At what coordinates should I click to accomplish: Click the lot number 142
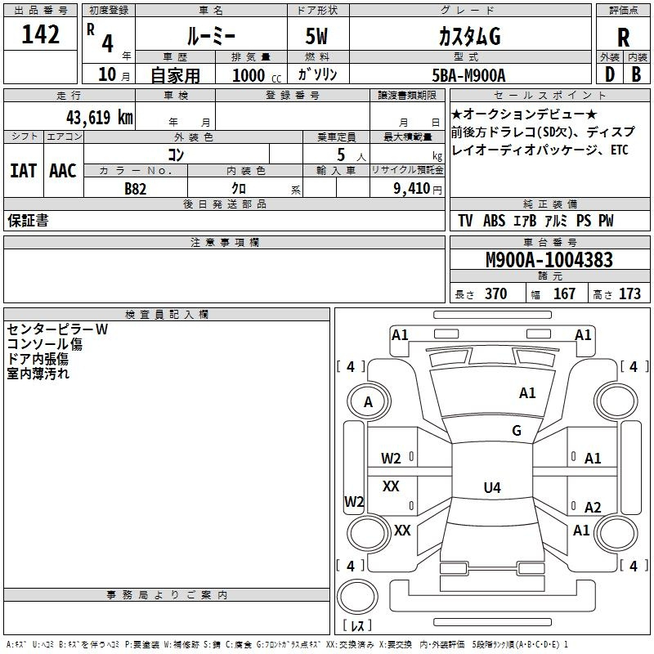[x=40, y=34]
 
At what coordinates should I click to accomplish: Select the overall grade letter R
[x=623, y=38]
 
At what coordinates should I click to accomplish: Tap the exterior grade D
[x=610, y=74]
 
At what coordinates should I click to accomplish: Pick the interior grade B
[x=637, y=74]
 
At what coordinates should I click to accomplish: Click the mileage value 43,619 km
[x=100, y=117]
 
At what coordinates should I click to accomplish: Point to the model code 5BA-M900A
[x=468, y=75]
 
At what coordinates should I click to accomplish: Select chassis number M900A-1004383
[x=549, y=260]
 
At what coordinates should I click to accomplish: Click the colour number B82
[x=136, y=189]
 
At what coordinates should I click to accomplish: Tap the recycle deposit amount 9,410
[x=412, y=189]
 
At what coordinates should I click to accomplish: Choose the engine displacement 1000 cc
[x=257, y=75]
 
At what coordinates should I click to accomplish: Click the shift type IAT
[x=24, y=171]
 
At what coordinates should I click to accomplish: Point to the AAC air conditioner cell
[x=63, y=171]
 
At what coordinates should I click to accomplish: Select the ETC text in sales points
[x=620, y=150]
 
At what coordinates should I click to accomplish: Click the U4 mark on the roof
[x=492, y=487]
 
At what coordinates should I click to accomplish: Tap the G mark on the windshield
[x=517, y=431]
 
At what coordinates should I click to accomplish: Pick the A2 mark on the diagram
[x=593, y=507]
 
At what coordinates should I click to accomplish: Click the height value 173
[x=629, y=293]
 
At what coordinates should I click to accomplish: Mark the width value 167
[x=564, y=293]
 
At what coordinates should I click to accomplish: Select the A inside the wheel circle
[x=368, y=402]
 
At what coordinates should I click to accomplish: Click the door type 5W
[x=316, y=36]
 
